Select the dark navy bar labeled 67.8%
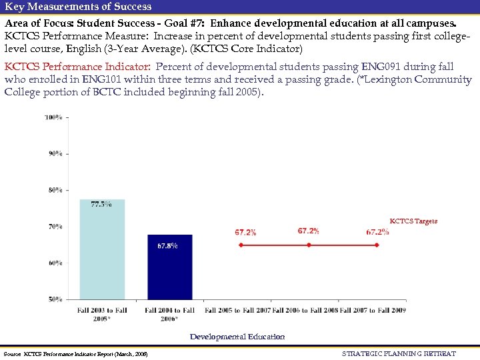169,267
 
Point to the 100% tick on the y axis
54,117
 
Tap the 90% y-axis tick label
54,153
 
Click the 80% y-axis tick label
54,190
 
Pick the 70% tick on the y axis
54,227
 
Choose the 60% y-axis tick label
54,263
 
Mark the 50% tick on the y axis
54,299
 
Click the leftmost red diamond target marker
241,245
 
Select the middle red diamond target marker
309,245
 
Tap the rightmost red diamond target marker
377,245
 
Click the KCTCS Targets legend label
413,221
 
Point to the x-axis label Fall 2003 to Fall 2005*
102,314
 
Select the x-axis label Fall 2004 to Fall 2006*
169,314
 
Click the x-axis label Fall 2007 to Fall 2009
373,310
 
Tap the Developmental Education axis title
237,337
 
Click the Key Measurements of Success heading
78,7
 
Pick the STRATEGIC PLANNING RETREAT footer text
399,353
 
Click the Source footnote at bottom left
75,353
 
